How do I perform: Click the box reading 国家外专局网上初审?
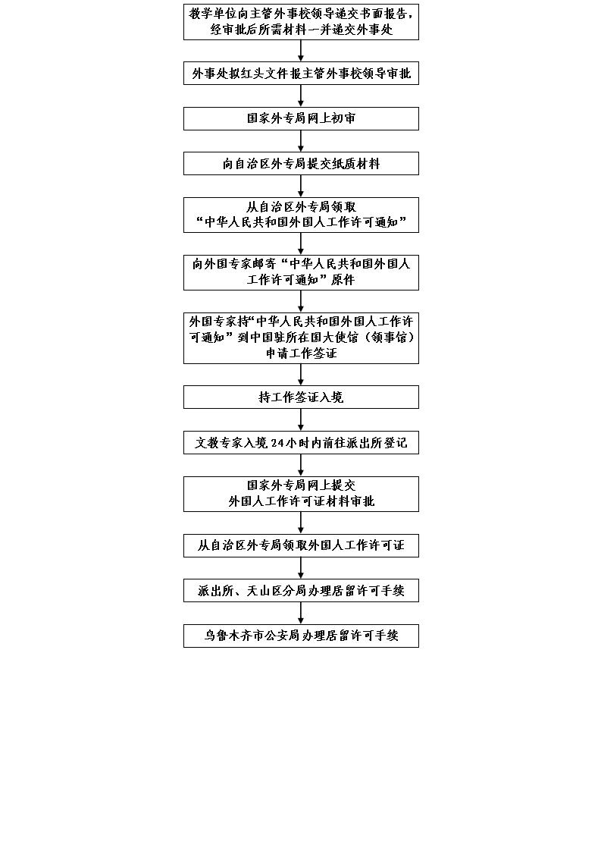[x=301, y=118]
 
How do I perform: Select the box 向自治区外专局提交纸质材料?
[x=301, y=163]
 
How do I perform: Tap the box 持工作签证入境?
[x=301, y=397]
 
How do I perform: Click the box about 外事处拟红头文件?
[x=301, y=74]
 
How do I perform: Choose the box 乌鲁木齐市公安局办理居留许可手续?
[x=301, y=636]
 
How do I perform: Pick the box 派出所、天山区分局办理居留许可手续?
[x=301, y=591]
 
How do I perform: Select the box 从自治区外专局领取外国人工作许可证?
[x=301, y=545]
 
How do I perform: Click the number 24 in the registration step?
[x=277, y=443]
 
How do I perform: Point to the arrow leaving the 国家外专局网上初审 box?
[x=301, y=141]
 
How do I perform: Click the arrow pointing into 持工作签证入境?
[x=301, y=375]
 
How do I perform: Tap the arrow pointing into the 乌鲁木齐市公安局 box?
[x=301, y=614]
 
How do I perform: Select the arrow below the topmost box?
[x=301, y=51]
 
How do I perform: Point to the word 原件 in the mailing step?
[x=343, y=280]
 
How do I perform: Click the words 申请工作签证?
[x=301, y=353]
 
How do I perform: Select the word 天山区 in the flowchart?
[x=265, y=591]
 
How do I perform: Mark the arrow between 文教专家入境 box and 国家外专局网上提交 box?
[x=301, y=465]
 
